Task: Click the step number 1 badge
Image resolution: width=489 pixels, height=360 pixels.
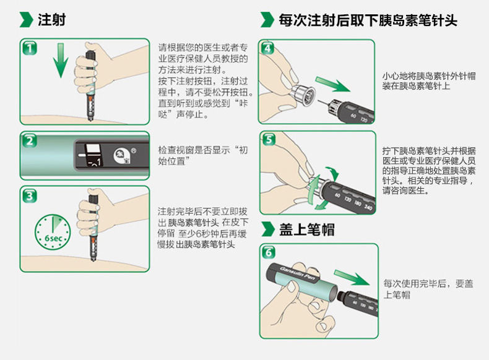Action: click(29, 48)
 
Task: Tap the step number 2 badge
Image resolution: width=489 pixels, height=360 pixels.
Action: click(29, 140)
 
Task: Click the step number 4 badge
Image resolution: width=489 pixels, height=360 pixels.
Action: click(268, 48)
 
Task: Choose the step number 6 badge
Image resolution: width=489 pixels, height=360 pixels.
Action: click(268, 252)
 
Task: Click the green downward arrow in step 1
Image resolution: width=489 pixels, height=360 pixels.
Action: click(59, 62)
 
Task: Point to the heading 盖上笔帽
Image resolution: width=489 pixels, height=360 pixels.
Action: click(306, 229)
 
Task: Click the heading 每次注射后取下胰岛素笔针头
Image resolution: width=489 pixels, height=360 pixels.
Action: click(368, 19)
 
